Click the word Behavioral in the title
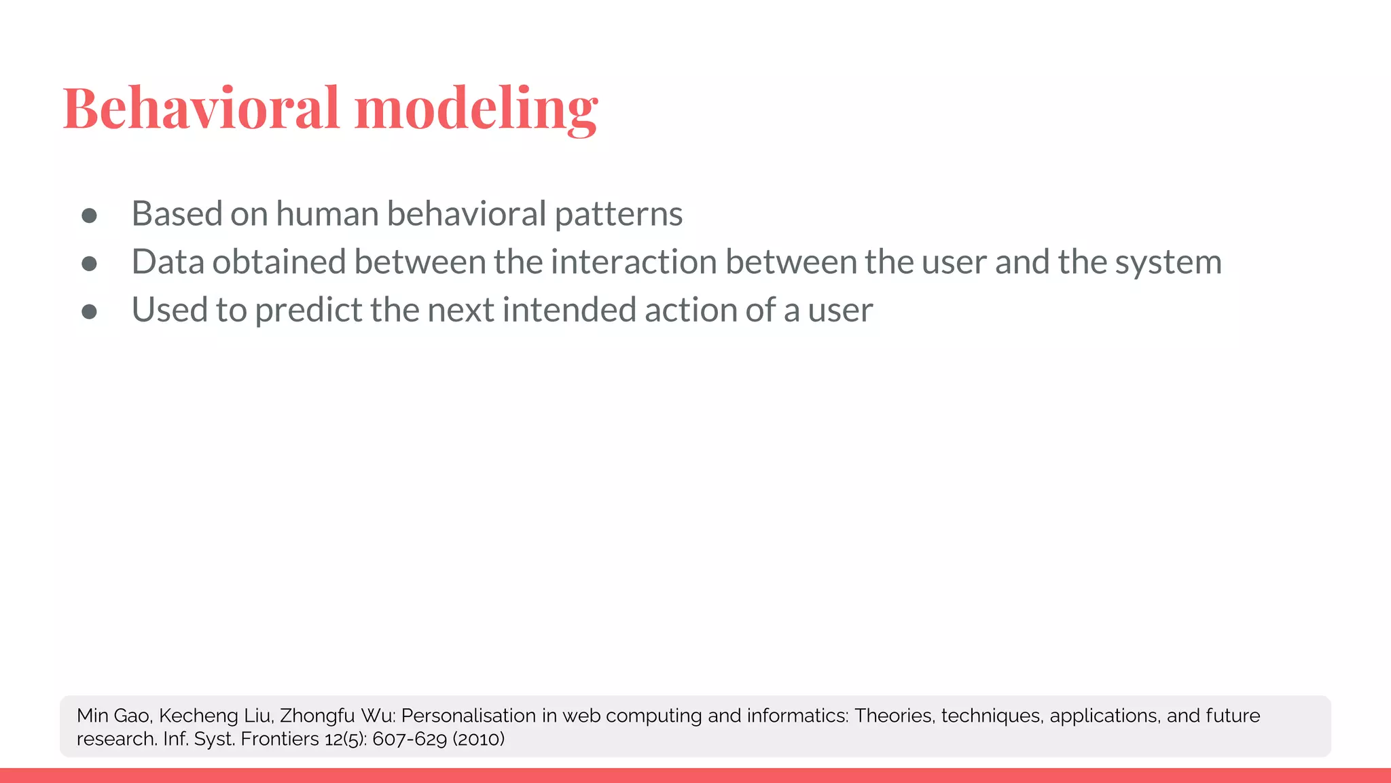coord(200,109)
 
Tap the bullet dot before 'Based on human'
coord(89,215)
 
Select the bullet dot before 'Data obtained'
coord(89,264)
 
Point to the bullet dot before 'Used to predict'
coord(89,311)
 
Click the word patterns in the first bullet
coord(618,214)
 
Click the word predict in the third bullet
coord(308,311)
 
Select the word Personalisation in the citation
coord(469,716)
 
